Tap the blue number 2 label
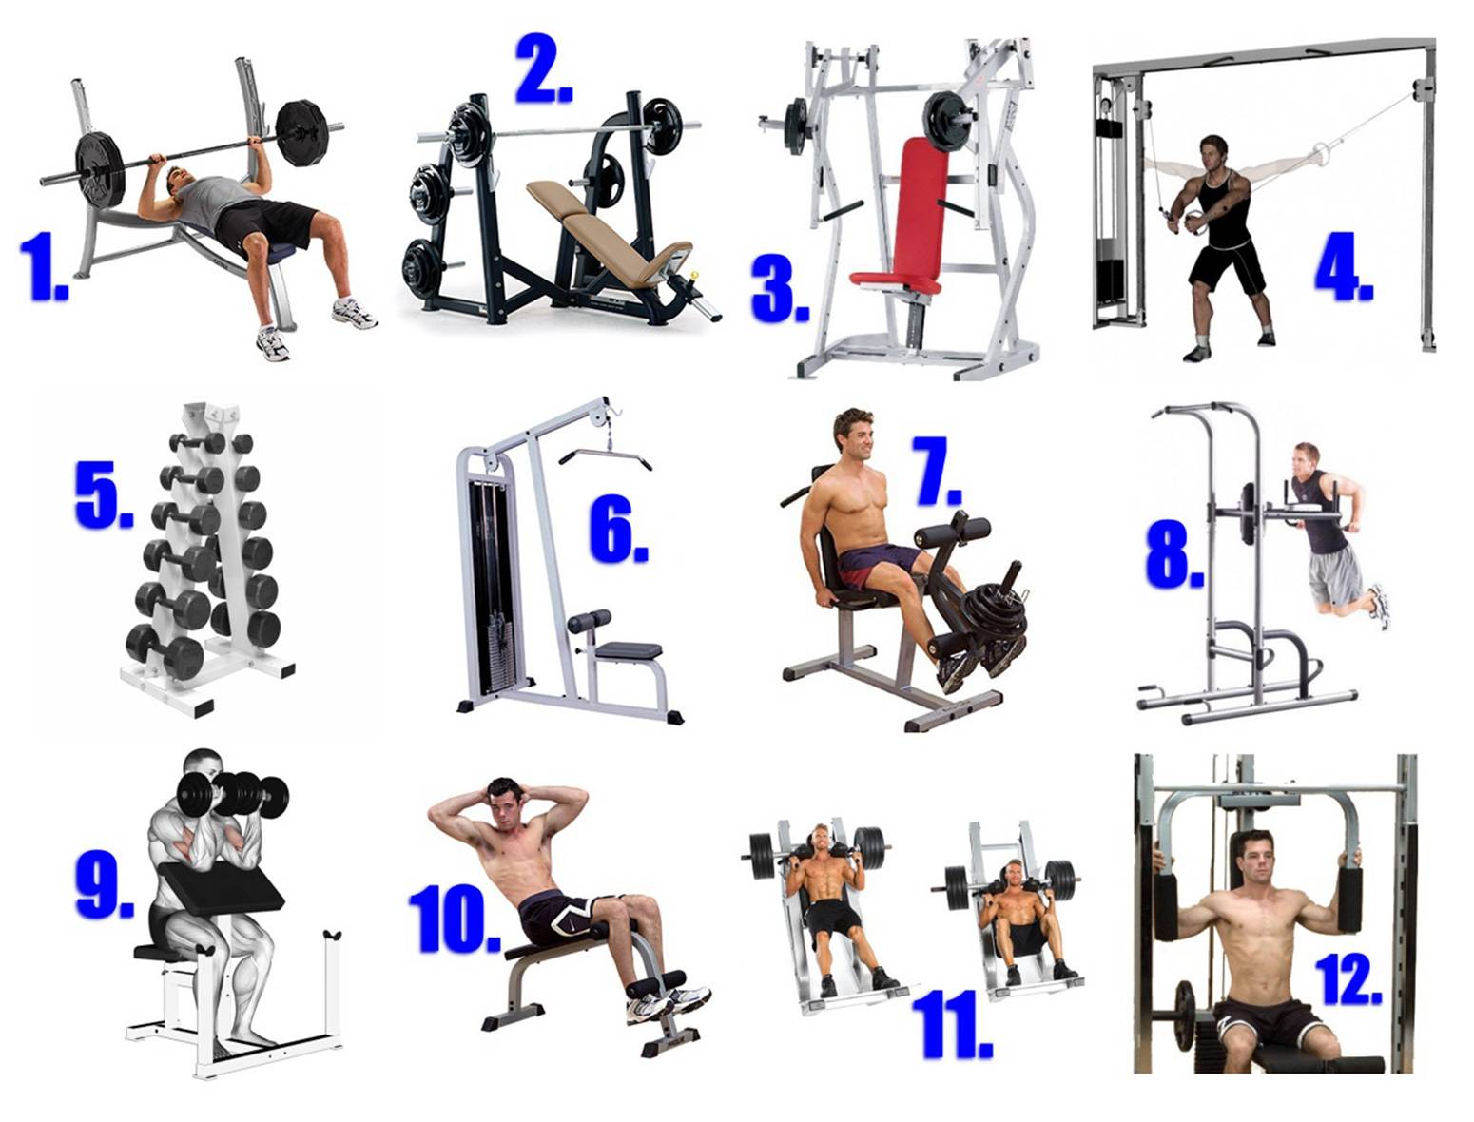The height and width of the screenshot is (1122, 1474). [x=543, y=68]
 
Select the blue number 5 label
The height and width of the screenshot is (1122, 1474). [x=103, y=494]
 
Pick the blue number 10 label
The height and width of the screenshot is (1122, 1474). [x=454, y=919]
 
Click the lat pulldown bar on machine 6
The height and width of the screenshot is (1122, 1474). [x=606, y=457]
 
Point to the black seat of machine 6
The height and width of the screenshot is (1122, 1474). [x=629, y=649]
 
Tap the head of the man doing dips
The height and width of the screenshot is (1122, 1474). [x=1306, y=459]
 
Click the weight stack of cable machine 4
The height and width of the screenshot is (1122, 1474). [x=1111, y=215]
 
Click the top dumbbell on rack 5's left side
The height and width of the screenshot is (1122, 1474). [x=198, y=442]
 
